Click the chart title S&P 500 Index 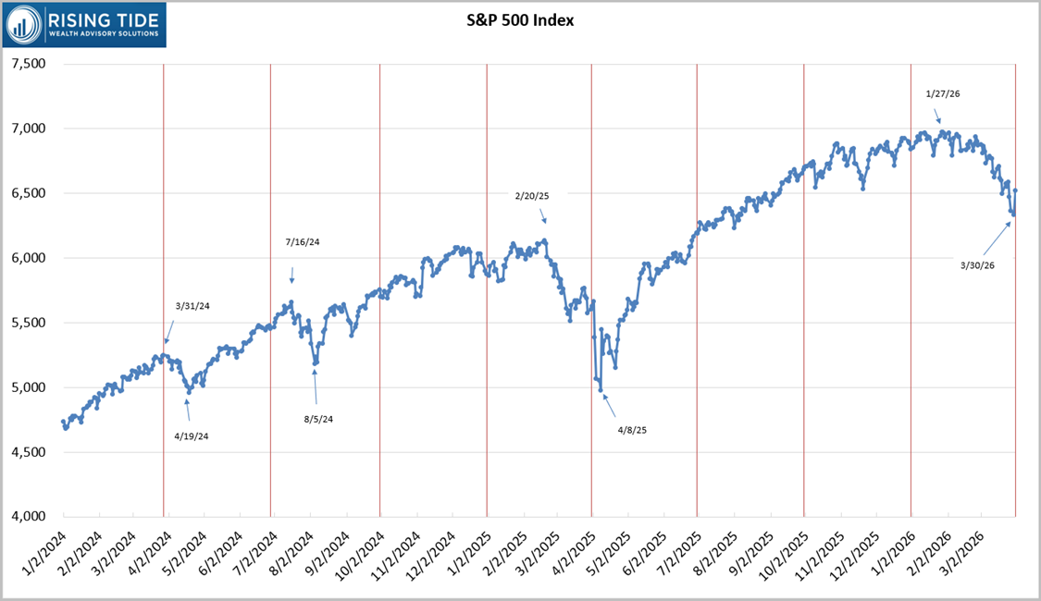click(x=520, y=19)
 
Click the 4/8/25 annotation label click(x=633, y=430)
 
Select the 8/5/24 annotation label click(x=318, y=419)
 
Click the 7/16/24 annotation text click(x=302, y=242)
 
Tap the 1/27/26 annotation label click(x=943, y=93)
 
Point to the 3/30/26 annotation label click(x=978, y=265)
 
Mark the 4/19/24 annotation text click(x=192, y=435)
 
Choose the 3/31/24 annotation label click(x=192, y=306)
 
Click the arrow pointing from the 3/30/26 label click(x=995, y=239)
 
